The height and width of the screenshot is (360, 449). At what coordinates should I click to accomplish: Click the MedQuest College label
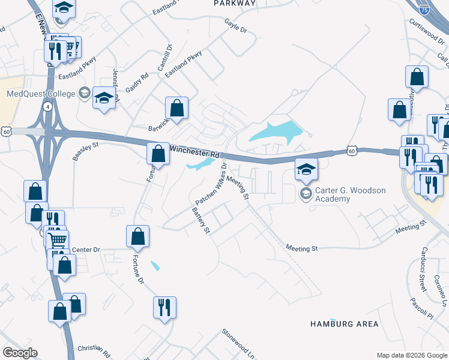(x=41, y=94)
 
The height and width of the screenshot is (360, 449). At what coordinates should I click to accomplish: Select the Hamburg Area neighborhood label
(x=344, y=324)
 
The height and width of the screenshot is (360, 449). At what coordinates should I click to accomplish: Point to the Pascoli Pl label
(x=421, y=307)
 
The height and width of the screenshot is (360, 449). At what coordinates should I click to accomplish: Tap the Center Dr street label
(x=85, y=250)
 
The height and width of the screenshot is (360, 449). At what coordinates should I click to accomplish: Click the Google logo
(x=20, y=353)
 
